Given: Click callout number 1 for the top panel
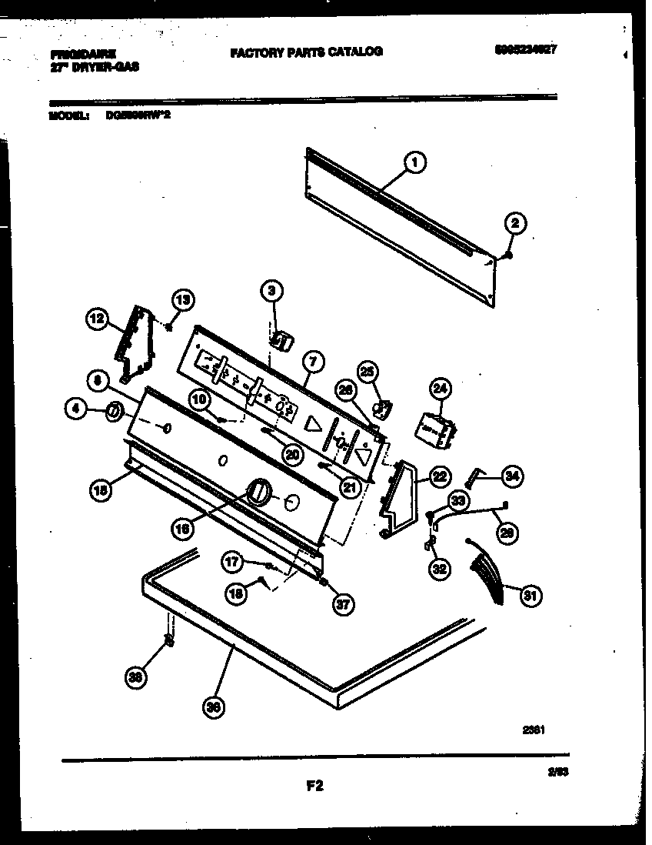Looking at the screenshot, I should (x=414, y=162).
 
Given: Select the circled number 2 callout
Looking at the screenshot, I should (x=515, y=224).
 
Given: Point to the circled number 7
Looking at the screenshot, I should (x=313, y=360).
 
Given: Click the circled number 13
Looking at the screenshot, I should (x=183, y=300).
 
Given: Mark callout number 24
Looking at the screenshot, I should (x=439, y=389).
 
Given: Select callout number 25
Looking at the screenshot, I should (x=367, y=372).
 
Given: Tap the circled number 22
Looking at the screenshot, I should (x=437, y=477).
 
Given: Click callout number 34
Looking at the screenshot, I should (x=511, y=476).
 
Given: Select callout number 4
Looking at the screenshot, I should (x=75, y=412).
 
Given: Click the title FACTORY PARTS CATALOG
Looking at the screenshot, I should (x=305, y=52).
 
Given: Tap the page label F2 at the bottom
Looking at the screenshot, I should (x=314, y=786).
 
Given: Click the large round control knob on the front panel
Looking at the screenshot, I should (x=259, y=489).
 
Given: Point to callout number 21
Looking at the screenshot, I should (x=351, y=486).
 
